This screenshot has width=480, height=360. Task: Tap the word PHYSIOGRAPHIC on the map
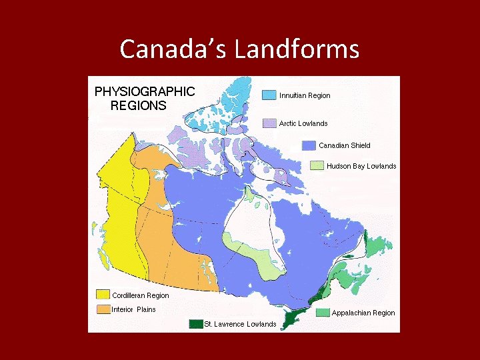click(x=145, y=91)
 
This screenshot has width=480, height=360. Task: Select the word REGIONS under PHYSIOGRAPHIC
click(x=138, y=105)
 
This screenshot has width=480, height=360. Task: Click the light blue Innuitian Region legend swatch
click(x=269, y=95)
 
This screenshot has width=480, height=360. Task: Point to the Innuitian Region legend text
click(x=305, y=95)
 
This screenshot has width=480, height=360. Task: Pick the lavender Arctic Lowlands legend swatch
click(x=269, y=123)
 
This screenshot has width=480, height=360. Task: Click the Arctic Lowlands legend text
click(x=303, y=123)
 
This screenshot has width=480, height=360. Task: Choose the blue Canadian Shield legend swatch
click(x=308, y=145)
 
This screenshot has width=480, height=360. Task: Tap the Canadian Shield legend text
click(x=345, y=145)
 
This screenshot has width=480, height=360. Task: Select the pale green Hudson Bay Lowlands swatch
click(x=317, y=166)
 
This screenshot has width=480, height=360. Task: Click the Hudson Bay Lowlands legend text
click(x=361, y=166)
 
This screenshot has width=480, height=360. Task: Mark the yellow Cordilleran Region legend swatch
click(x=103, y=295)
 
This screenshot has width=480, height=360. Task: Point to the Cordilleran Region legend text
click(x=141, y=295)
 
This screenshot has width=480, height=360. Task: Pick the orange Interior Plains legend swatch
click(x=103, y=309)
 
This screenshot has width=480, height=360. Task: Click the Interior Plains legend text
click(x=134, y=309)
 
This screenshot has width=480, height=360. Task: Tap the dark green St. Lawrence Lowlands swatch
click(x=195, y=324)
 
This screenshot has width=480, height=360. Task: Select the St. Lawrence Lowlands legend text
click(x=240, y=324)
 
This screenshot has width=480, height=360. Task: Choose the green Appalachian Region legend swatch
click(x=323, y=313)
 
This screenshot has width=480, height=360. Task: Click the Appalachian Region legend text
click(x=363, y=313)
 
